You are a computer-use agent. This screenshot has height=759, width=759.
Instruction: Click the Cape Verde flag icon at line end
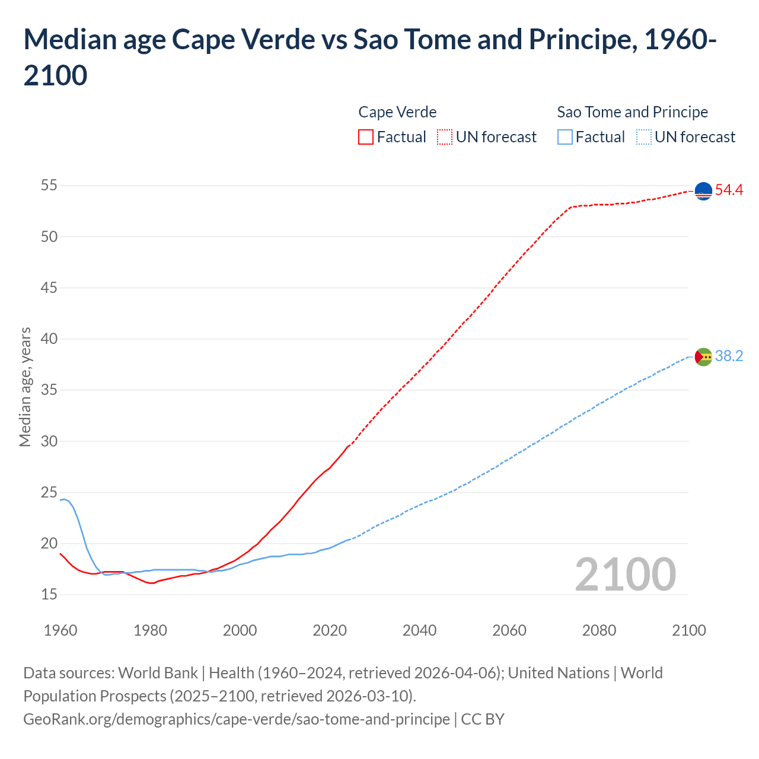(703, 191)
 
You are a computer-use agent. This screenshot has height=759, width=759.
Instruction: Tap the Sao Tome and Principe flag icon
(703, 356)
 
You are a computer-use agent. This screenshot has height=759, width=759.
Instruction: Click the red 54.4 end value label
(729, 190)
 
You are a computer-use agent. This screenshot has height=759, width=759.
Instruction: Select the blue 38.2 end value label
(729, 356)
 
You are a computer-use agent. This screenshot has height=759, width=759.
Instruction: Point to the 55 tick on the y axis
(49, 186)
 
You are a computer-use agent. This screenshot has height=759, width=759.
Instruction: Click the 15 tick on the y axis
(49, 594)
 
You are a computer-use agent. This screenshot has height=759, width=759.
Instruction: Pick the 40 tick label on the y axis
(49, 339)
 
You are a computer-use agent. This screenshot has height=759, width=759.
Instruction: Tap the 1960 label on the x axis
(60, 630)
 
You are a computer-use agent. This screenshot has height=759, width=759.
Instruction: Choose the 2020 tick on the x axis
(330, 630)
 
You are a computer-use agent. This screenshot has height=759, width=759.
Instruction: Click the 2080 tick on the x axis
(599, 630)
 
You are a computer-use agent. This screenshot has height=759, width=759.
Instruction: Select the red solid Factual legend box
(366, 137)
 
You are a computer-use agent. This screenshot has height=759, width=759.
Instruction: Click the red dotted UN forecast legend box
(445, 137)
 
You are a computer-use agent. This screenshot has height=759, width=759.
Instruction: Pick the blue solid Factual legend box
(565, 137)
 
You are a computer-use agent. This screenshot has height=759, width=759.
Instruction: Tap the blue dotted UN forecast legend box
(643, 137)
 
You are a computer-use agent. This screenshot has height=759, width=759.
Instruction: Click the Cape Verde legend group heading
(397, 112)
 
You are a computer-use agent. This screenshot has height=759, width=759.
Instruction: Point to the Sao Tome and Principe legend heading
(632, 112)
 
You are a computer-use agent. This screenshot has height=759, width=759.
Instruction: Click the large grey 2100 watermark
(625, 575)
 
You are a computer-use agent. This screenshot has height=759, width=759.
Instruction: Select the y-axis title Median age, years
(25, 387)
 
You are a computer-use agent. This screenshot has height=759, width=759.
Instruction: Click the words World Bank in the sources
(158, 673)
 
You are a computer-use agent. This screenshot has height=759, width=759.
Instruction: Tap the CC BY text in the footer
(483, 719)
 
